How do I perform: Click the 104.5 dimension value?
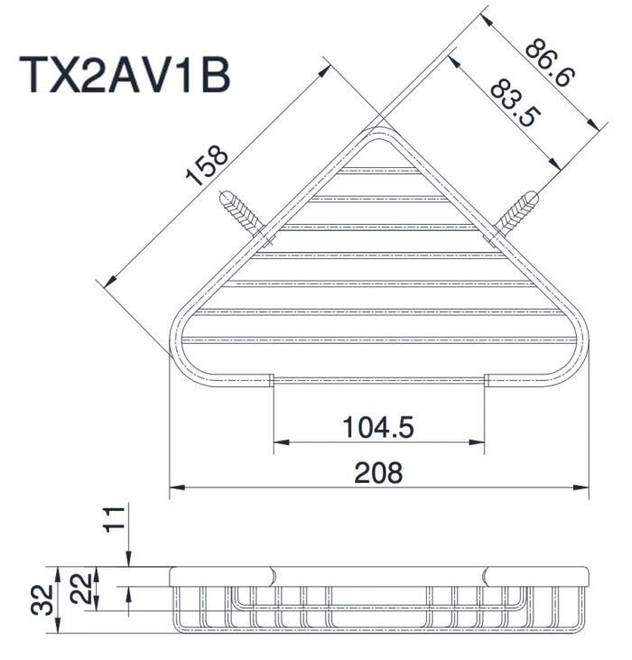click(378, 427)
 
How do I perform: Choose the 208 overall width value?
click(378, 472)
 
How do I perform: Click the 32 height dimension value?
click(42, 599)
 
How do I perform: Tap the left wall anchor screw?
click(241, 211)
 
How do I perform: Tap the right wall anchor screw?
click(518, 211)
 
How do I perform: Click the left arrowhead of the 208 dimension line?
click(176, 488)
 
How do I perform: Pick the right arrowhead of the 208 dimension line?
click(582, 488)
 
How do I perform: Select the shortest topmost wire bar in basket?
click(379, 170)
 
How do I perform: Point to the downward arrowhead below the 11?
click(131, 561)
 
